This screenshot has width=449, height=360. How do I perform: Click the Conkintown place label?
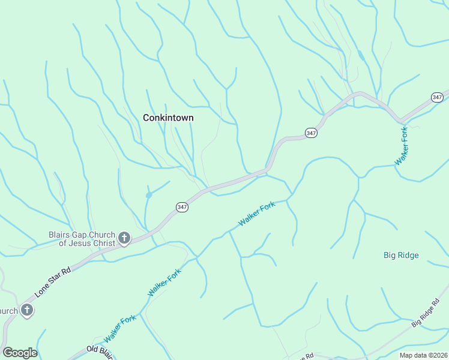(168, 118)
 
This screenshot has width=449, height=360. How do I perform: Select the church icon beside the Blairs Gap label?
(124, 239)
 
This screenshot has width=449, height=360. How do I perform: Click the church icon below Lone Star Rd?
(26, 310)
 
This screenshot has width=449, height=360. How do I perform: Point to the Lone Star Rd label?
(53, 280)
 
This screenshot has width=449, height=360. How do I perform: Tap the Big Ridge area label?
(401, 255)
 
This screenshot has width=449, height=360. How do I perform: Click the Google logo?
(20, 353)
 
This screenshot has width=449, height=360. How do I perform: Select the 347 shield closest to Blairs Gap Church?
(182, 207)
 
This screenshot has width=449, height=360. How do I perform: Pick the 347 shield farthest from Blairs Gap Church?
(437, 97)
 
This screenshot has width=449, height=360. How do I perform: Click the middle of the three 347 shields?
(310, 133)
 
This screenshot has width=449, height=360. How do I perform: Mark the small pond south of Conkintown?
(148, 195)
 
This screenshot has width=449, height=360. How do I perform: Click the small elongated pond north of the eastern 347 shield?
(360, 55)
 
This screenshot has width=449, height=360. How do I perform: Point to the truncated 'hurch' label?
(8, 311)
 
